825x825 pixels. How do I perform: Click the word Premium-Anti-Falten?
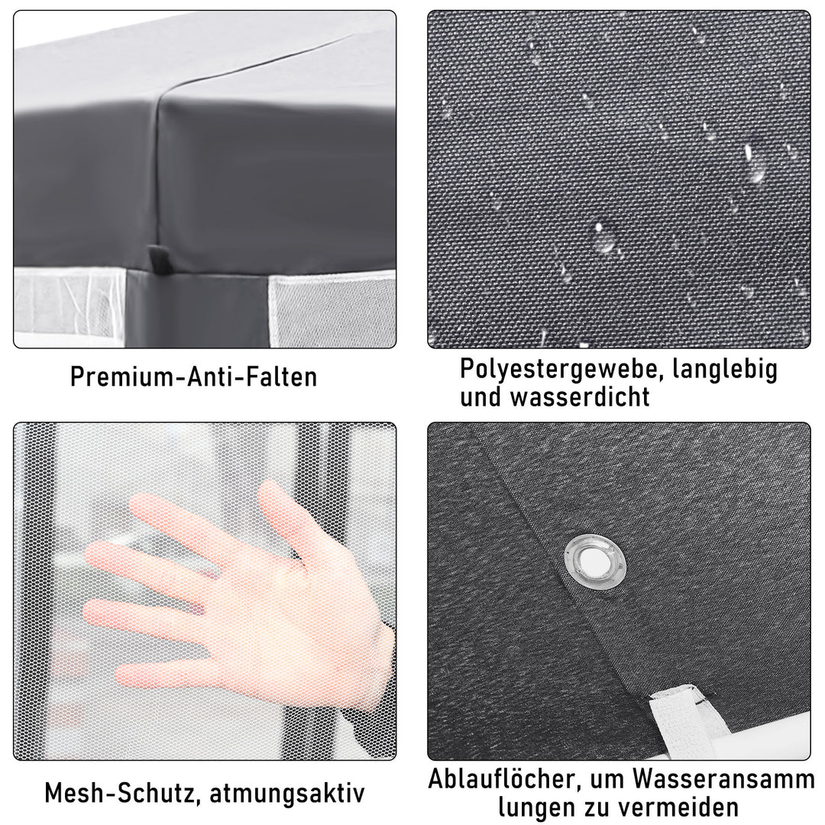point(193,377)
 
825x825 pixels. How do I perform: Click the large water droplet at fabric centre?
point(605,237)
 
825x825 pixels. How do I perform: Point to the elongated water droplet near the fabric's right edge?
point(756,163)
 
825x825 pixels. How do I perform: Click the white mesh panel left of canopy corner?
point(69,306)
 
